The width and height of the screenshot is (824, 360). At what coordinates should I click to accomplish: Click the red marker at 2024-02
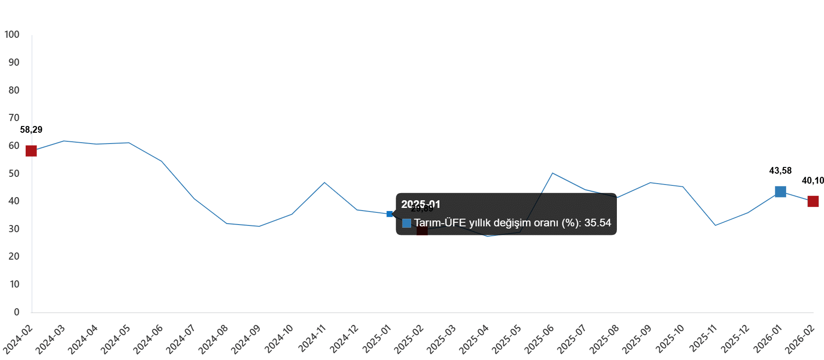(31, 151)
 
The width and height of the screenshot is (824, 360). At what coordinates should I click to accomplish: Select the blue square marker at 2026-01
(780, 192)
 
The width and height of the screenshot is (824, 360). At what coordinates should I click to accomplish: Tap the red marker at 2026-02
(813, 201)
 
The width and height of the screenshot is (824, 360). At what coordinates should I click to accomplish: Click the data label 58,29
(32, 130)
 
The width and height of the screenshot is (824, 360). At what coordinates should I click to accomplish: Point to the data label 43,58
(780, 171)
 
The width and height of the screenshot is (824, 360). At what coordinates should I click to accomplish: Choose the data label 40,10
(812, 181)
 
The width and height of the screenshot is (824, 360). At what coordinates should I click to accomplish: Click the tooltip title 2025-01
(421, 204)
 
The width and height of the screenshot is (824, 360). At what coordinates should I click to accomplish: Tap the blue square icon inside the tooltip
(406, 223)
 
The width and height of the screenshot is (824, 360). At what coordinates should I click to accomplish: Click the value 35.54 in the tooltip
(598, 223)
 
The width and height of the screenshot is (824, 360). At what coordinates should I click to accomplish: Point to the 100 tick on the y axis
(12, 35)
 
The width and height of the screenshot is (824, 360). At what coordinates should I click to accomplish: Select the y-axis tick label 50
(14, 174)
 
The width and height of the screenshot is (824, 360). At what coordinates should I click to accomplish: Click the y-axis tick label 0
(17, 312)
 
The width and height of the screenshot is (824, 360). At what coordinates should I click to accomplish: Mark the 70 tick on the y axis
(14, 118)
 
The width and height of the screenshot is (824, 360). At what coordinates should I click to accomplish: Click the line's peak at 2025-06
(552, 173)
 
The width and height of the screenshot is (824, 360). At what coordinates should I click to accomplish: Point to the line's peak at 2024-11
(324, 182)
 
